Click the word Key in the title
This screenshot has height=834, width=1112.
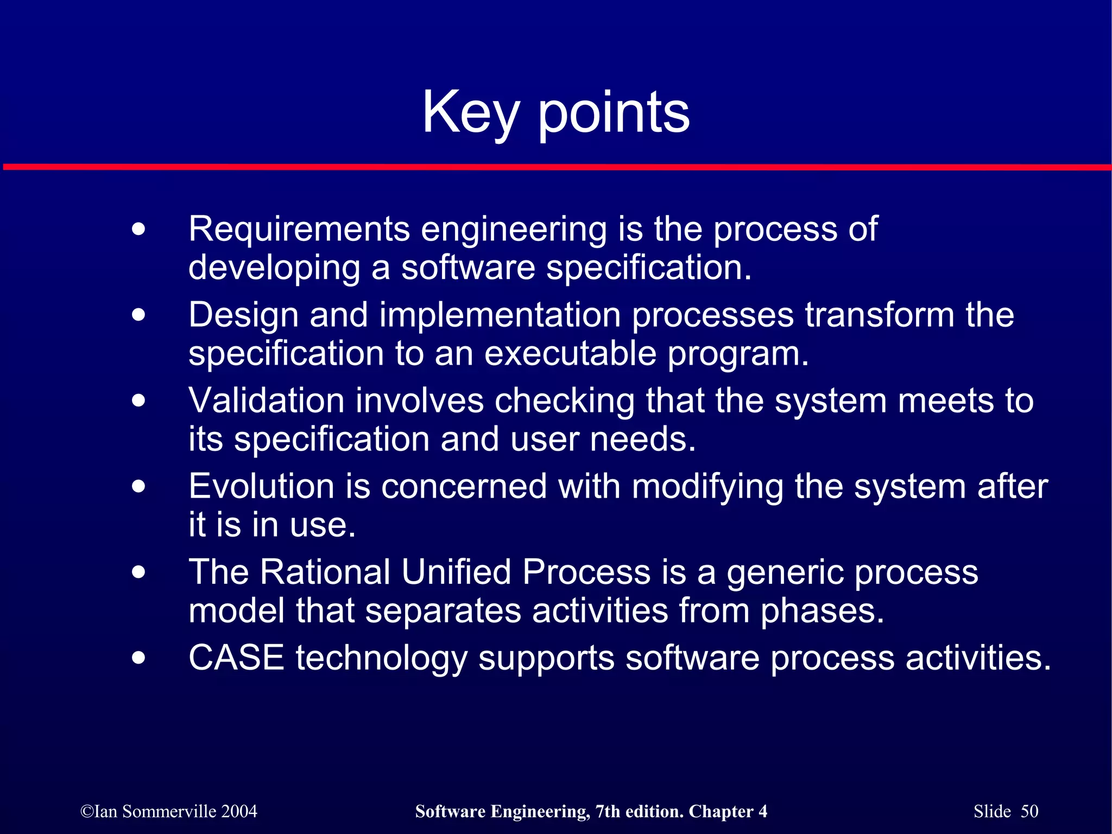coord(470,113)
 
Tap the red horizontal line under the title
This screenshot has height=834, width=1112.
coord(556,167)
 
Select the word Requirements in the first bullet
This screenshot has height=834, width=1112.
coord(299,229)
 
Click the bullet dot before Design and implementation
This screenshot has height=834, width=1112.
coord(139,315)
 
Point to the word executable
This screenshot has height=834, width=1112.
coord(570,354)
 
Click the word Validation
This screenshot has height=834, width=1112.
coord(266,401)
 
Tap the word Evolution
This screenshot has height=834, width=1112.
coord(261,486)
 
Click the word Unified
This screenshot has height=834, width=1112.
coord(456,572)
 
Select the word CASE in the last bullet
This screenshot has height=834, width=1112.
coord(236,658)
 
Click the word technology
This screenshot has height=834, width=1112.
coord(381,660)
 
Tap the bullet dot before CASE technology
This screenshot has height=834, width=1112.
coord(139,658)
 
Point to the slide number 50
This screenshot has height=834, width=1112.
coord(1029,811)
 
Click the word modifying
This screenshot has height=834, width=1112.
coord(707,487)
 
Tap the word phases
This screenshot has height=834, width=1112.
coord(822,612)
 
